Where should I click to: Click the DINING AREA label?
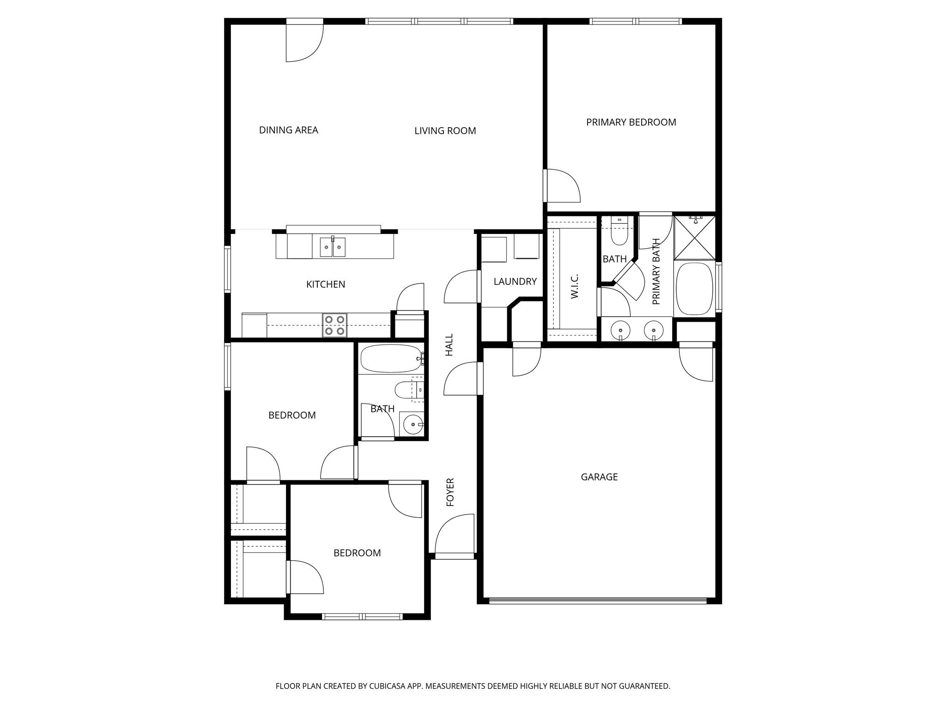point(288,130)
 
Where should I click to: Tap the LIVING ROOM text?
point(445,131)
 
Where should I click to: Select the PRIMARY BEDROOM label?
point(631,122)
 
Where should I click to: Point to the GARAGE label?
point(599,477)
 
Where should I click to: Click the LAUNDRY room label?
point(515,282)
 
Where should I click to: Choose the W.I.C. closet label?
point(575,286)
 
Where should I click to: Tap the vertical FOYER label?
point(450,492)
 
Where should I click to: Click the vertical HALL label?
point(449,345)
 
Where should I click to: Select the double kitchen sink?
point(333,247)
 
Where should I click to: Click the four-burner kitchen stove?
point(334,325)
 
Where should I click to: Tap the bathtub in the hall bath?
point(391,359)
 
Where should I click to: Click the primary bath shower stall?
point(695,238)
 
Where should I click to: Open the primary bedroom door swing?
point(563,186)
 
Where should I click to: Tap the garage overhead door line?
point(598,601)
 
